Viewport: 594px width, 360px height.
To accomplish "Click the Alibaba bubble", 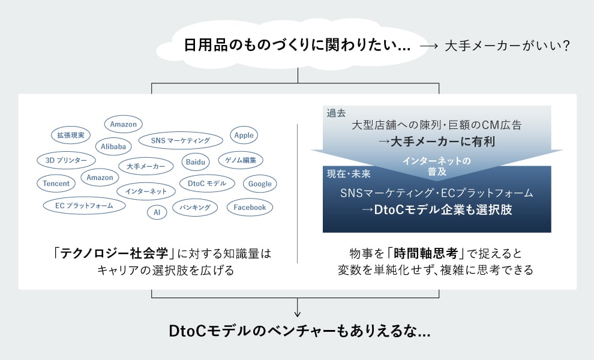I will [113, 146].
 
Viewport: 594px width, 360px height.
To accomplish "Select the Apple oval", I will [244, 136].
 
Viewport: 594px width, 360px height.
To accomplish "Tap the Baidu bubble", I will [196, 162].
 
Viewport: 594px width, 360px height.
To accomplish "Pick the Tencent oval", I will [56, 184].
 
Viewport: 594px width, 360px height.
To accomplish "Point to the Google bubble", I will [260, 184].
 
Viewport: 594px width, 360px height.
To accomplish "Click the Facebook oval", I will [250, 208].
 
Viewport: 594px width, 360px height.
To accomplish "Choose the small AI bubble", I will [157, 212].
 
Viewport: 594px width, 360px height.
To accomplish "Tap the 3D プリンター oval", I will [66, 160].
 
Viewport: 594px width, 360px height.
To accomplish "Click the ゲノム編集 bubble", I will [241, 160].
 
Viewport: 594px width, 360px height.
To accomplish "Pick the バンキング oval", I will [195, 208].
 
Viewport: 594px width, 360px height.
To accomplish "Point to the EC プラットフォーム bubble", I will [85, 206].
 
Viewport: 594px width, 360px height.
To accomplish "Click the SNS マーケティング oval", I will [181, 140].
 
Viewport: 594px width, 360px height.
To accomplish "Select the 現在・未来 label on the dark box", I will [349, 174].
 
